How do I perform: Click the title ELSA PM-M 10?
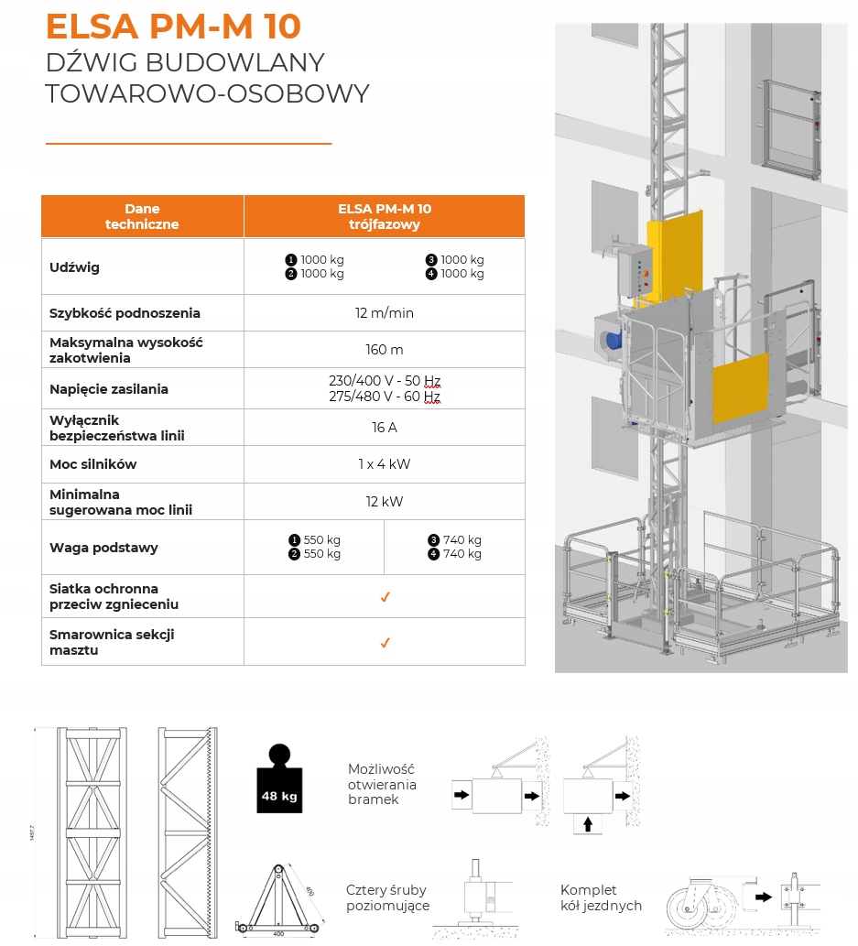173,26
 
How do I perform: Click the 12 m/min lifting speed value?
384,313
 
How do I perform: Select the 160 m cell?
384,350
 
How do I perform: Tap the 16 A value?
384,428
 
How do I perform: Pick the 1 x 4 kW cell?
384,464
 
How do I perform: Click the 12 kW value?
384,502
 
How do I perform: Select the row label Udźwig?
75,267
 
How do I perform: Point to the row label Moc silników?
92,464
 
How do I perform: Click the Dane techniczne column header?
142,216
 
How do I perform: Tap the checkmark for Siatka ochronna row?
385,597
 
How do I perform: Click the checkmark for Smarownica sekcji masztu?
385,643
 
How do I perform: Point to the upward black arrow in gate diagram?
587,824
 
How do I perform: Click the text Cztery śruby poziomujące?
386,898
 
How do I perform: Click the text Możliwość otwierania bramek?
382,784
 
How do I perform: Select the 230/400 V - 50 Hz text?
385,381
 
